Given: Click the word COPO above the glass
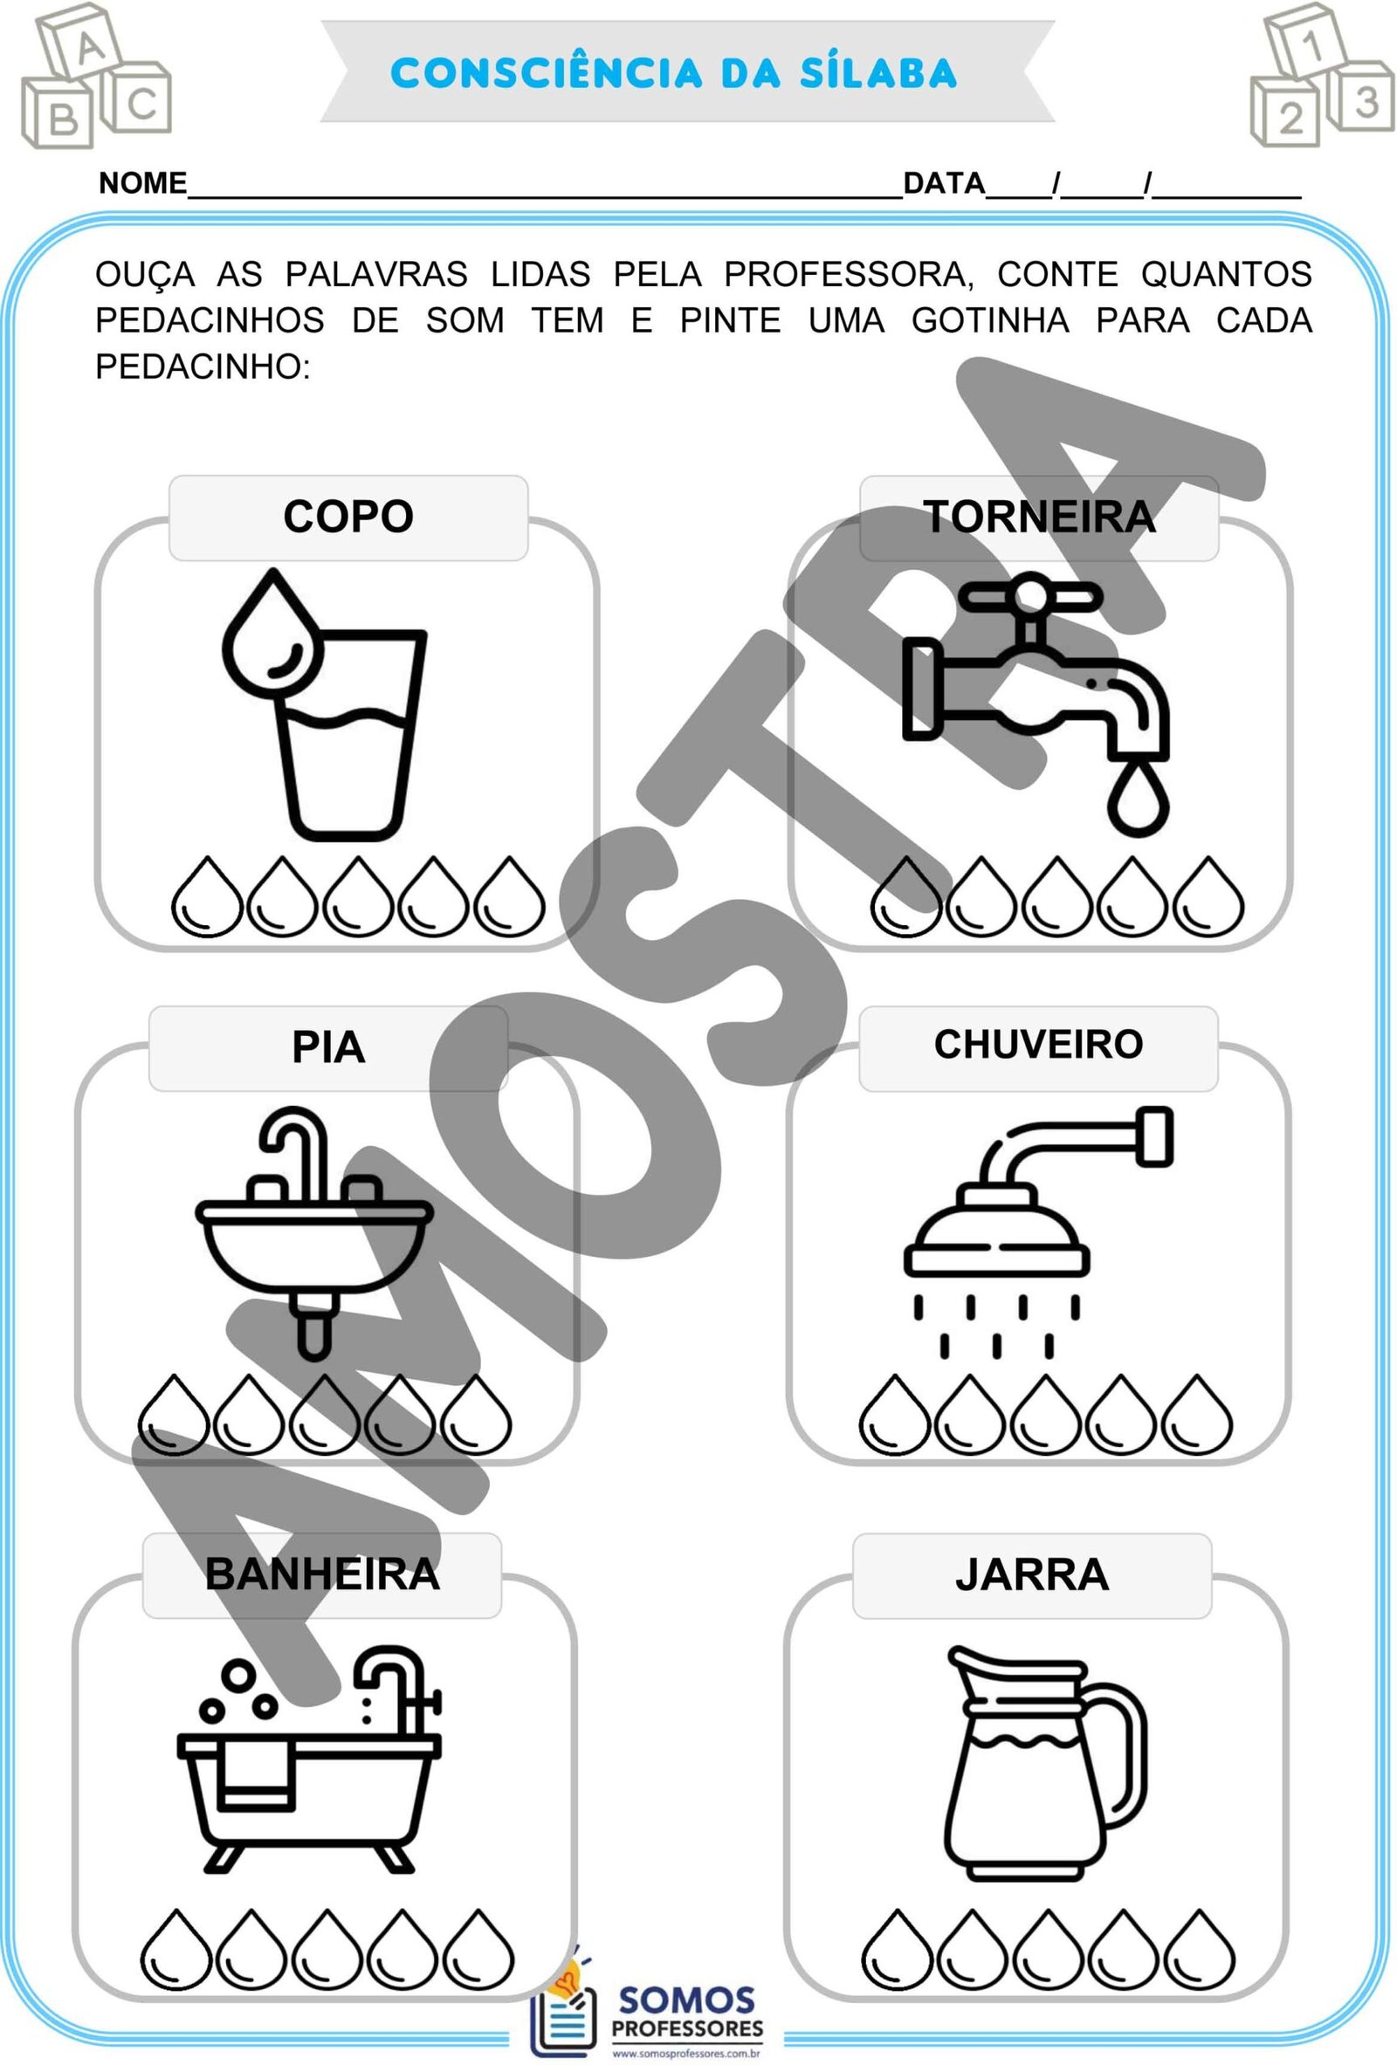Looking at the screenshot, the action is pos(348,517).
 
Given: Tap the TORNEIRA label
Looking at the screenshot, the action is pos(1039,517).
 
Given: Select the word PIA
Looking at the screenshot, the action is pos(328,1047).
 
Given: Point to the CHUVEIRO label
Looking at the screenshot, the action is pos(1038,1044).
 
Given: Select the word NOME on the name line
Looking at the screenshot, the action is pos(142,183).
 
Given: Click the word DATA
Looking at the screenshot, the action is pos(944,183).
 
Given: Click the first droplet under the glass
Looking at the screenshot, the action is pos(206,896).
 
